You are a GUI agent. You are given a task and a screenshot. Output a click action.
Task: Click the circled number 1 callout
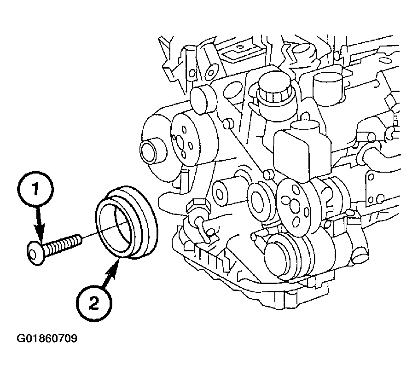36,189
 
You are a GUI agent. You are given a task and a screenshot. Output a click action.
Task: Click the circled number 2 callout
94,304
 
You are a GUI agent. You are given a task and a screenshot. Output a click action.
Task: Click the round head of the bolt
35,253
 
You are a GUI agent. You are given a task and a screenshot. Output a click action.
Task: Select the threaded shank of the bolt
63,243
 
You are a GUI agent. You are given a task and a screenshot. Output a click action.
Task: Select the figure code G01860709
47,338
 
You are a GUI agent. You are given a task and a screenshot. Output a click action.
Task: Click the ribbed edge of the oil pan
208,256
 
